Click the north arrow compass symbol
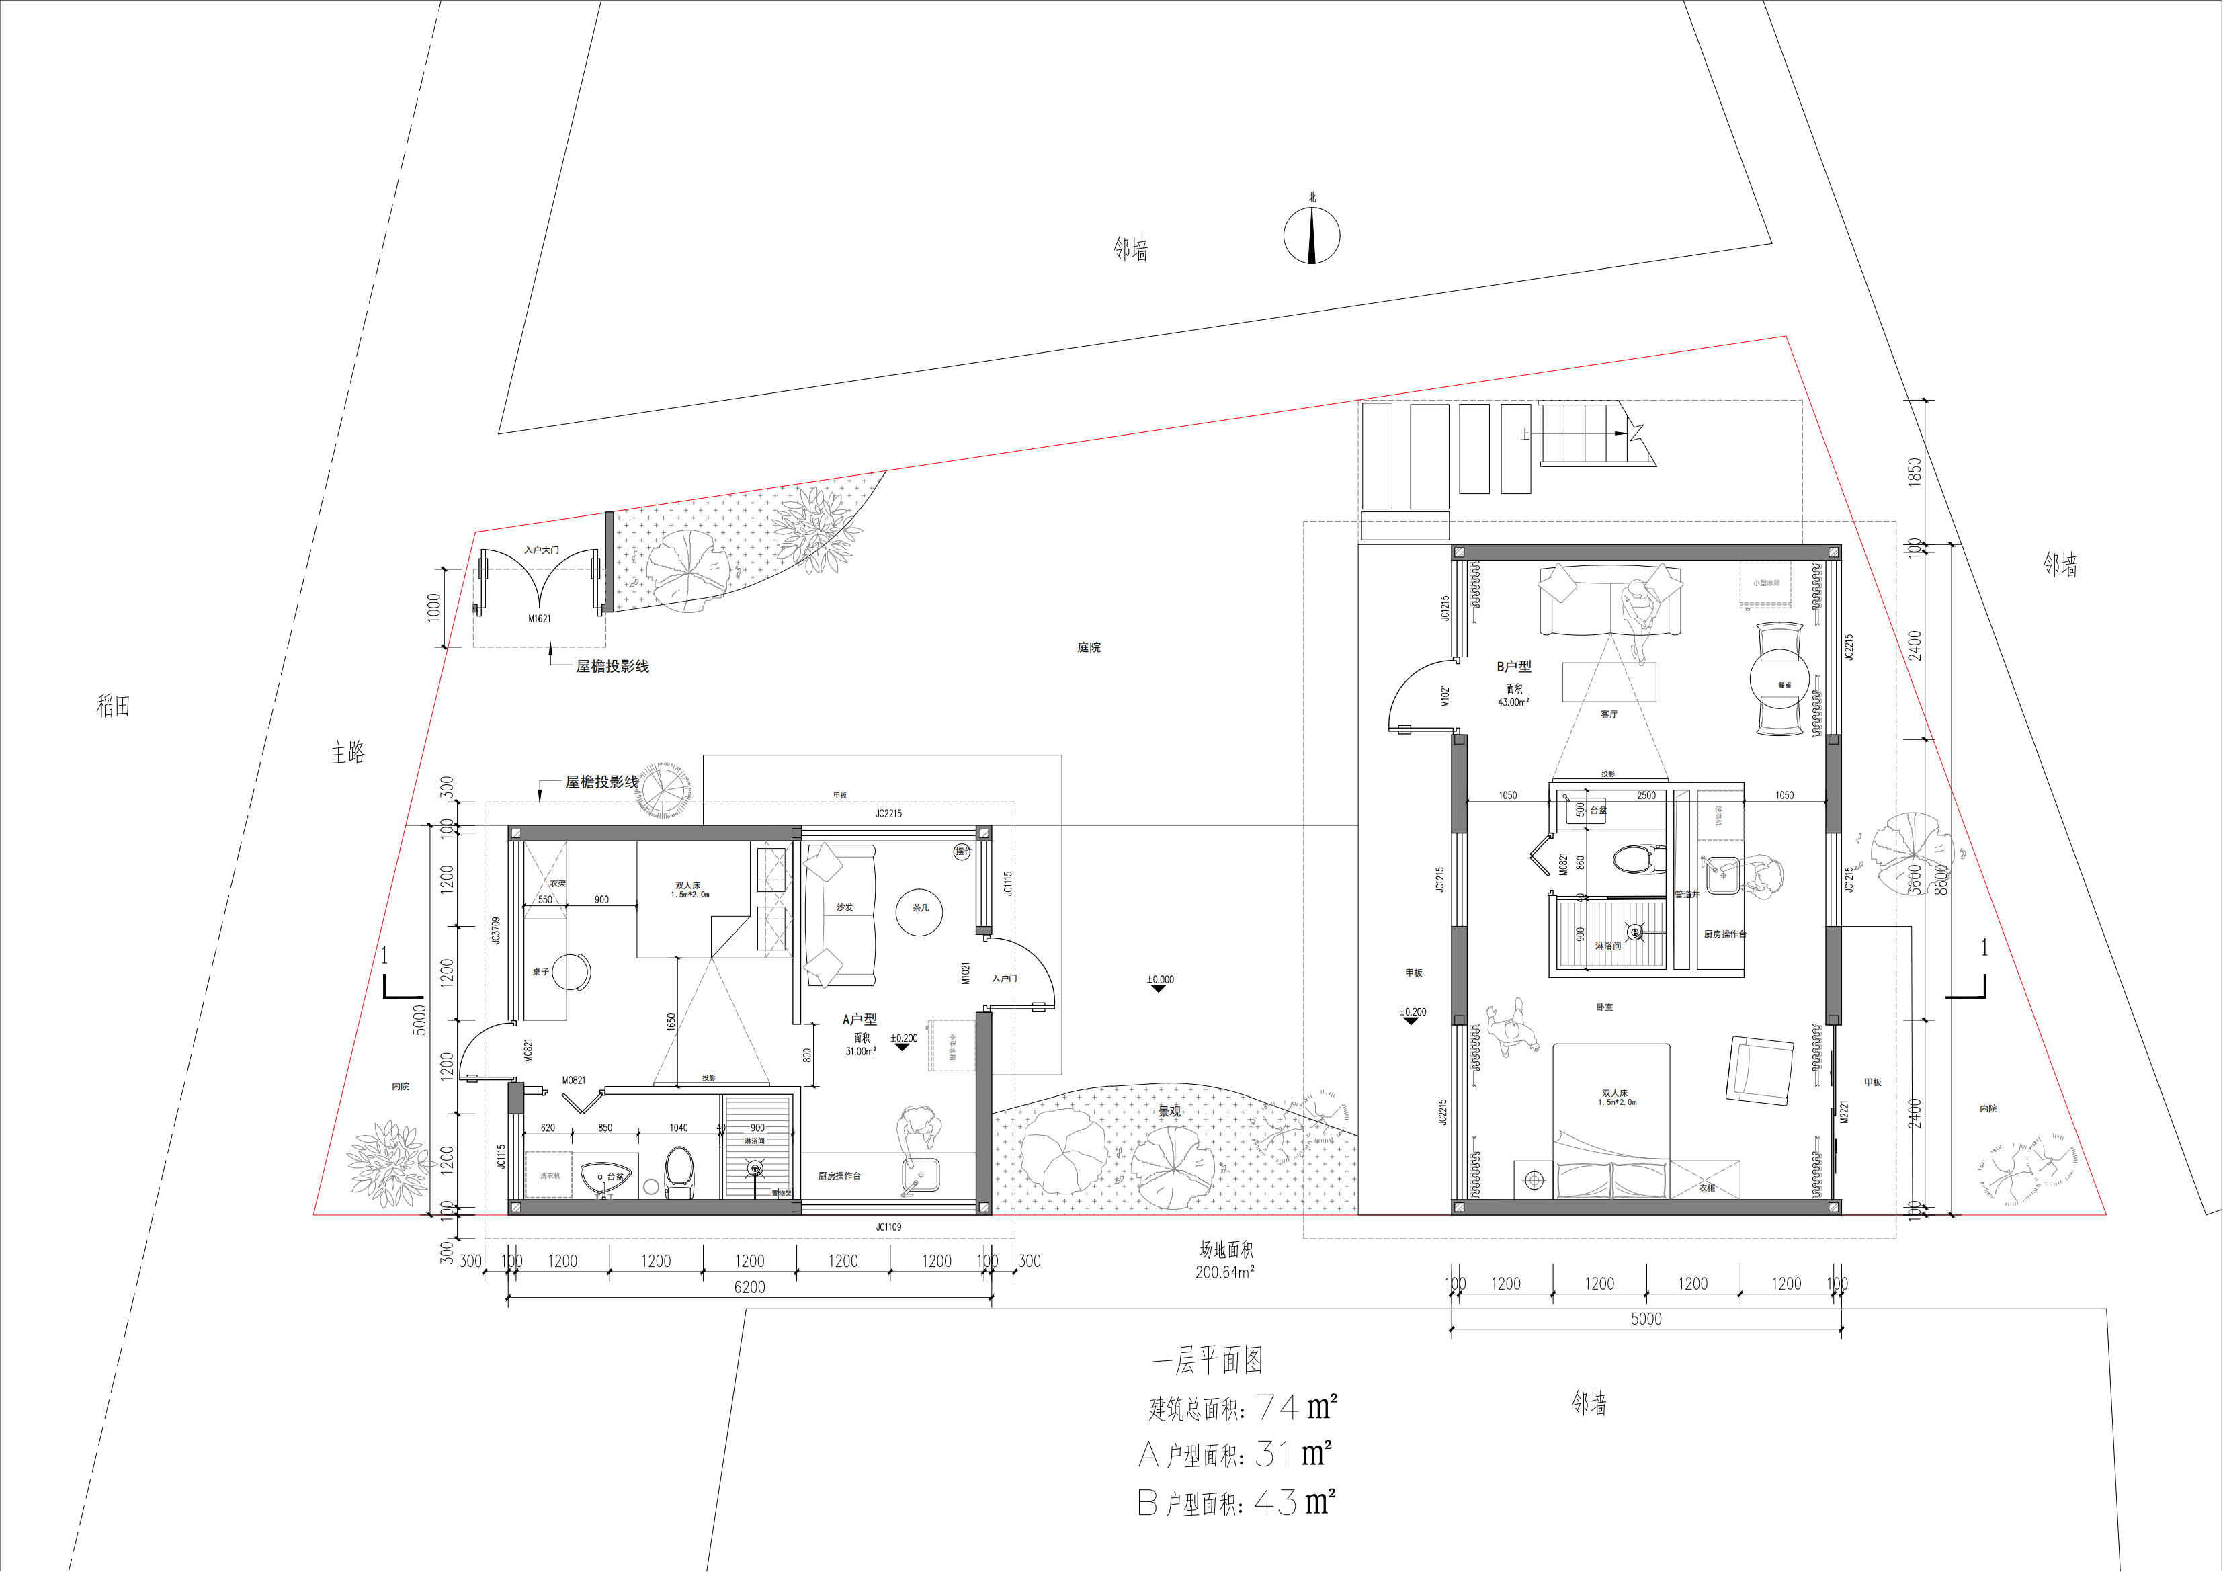point(1312,235)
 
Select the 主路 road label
point(347,753)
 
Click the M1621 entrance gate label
point(540,618)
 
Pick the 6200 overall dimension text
point(749,1287)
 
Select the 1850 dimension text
point(1914,472)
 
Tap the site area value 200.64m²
point(1225,1272)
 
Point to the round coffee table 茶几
point(919,911)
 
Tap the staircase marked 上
point(1588,434)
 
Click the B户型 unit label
point(1513,667)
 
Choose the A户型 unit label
point(859,1019)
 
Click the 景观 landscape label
point(1169,1111)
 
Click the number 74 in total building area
point(1276,1407)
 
